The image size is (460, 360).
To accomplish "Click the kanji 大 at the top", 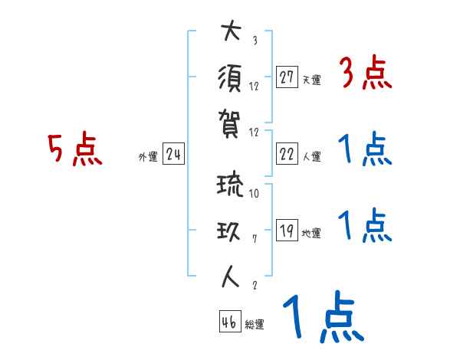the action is click(x=230, y=33).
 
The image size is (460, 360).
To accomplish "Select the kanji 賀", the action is click(x=230, y=120).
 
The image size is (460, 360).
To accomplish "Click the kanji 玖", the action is click(x=230, y=231).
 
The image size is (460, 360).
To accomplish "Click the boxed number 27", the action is click(x=287, y=77).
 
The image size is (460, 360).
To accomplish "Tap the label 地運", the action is click(x=311, y=234).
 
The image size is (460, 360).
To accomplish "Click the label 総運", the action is click(x=255, y=325).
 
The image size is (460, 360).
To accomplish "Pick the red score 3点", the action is click(x=365, y=74).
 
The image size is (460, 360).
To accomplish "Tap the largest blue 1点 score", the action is click(x=322, y=316).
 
